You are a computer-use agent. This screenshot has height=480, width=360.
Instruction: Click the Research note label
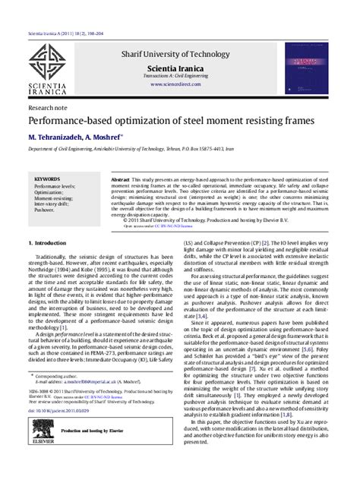point(46,108)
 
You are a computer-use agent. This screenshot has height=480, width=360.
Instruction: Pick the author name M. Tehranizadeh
point(60,138)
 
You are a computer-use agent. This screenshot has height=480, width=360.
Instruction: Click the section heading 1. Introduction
point(51,243)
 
